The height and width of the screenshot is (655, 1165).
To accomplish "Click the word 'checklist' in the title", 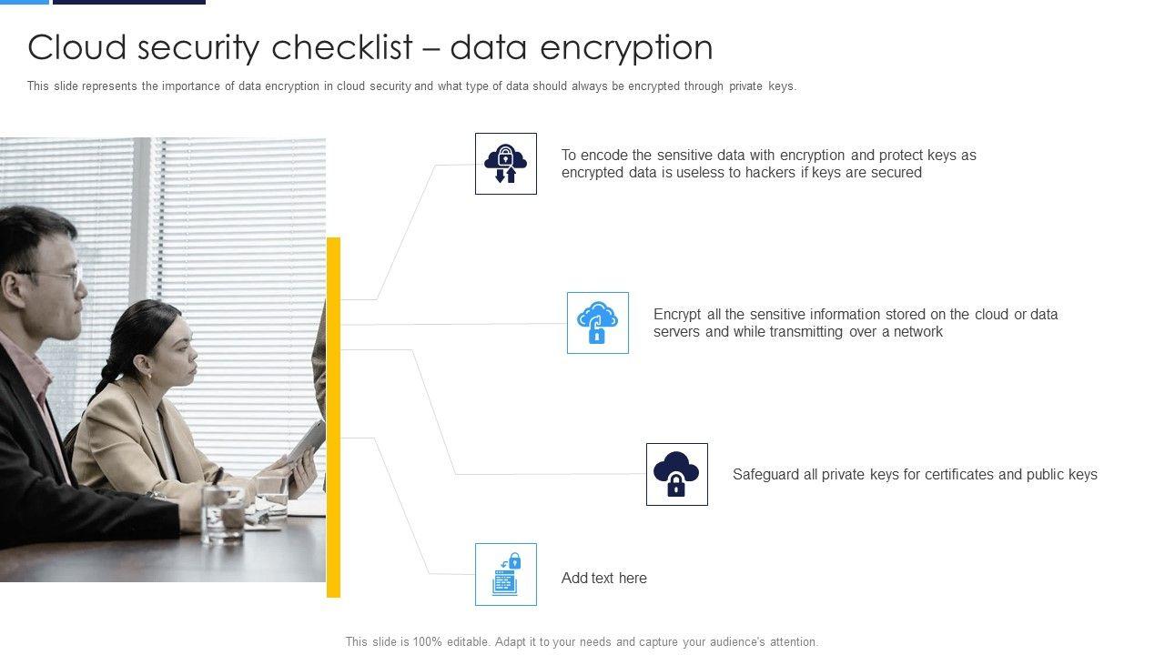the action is tap(342, 47).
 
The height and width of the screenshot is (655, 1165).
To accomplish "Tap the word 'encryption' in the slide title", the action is tap(626, 49).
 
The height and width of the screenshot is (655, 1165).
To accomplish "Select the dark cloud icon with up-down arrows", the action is tap(505, 164).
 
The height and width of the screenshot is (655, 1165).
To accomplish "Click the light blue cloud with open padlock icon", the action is tap(598, 323).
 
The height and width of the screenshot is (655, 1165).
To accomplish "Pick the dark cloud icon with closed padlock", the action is tap(676, 474).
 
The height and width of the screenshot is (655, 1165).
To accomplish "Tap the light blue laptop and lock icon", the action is tap(506, 574).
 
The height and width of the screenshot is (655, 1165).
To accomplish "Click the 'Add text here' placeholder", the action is tap(603, 578).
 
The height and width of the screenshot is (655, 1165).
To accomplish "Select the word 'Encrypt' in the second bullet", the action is tap(677, 315).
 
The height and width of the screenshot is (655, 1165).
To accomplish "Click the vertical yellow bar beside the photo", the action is tap(333, 418).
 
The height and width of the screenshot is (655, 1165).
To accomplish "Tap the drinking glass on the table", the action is tap(223, 515).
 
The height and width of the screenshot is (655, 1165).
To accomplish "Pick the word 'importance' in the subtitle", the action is tap(191, 86).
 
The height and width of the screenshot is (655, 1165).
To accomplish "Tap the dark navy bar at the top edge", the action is tap(129, 2).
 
